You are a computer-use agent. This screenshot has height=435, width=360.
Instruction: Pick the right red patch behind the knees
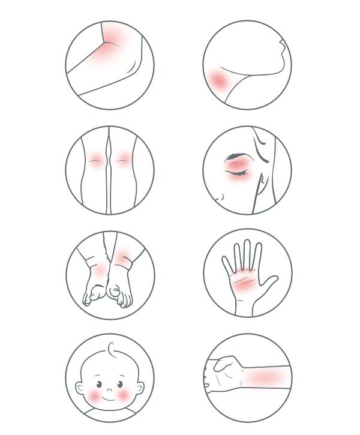click(x=123, y=160)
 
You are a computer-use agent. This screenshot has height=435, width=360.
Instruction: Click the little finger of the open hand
click(x=226, y=263)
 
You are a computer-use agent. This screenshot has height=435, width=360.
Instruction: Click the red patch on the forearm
click(x=264, y=377)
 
